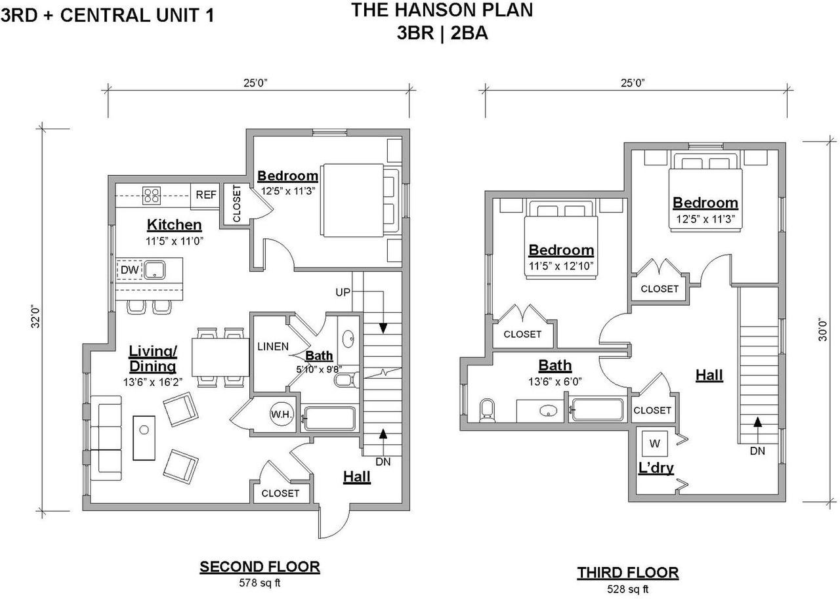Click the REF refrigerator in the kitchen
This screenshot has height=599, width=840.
click(205, 196)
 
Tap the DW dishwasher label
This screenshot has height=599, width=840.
click(130, 270)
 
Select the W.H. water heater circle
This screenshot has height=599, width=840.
click(282, 414)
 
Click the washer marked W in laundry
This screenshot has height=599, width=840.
click(654, 444)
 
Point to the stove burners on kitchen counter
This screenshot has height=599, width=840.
click(152, 196)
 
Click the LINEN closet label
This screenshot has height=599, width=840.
click(273, 346)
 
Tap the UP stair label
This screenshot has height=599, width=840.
click(343, 293)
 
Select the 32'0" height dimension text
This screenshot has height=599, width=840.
click(35, 317)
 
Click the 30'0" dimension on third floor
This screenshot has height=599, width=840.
click(822, 330)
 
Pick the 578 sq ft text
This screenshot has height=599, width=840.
click(259, 583)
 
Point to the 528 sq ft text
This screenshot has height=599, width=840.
click(628, 589)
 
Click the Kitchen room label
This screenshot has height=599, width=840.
click(175, 225)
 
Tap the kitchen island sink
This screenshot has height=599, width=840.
click(155, 270)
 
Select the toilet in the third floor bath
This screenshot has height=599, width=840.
click(487, 411)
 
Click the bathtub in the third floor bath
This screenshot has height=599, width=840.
click(597, 410)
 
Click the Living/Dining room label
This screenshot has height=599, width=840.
click(153, 359)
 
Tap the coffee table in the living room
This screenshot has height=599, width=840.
click(144, 438)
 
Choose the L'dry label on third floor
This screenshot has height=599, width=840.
click(656, 468)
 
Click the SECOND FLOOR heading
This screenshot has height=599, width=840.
click(260, 566)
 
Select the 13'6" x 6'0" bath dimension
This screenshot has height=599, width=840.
click(555, 382)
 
